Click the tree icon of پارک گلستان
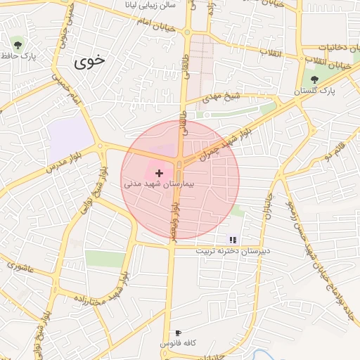tap(314, 79)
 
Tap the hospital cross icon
tap(159, 172)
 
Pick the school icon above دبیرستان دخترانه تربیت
tap(233, 240)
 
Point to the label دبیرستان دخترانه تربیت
tap(232, 251)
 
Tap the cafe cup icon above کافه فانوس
tap(179, 333)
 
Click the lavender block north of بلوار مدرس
tap(70, 135)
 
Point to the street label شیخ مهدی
tap(223, 98)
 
